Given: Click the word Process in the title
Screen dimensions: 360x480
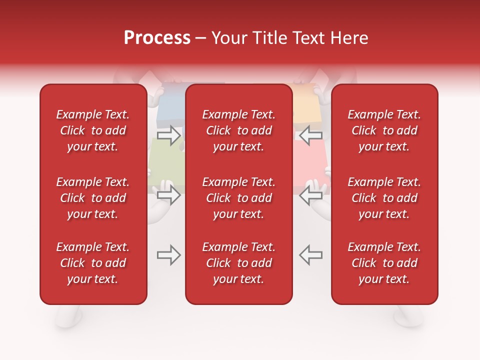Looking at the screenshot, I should pyautogui.click(x=157, y=38).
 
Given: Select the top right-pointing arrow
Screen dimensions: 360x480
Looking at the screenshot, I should pyautogui.click(x=169, y=135).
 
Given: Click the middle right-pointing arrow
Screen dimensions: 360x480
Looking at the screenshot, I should pyautogui.click(x=169, y=195).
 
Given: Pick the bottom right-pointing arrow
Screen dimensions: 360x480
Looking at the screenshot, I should pyautogui.click(x=169, y=255).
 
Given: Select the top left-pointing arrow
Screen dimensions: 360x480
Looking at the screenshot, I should pyautogui.click(x=310, y=135).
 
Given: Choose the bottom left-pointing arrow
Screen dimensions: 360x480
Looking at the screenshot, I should pyautogui.click(x=310, y=255).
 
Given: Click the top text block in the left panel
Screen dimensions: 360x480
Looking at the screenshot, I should pyautogui.click(x=93, y=130).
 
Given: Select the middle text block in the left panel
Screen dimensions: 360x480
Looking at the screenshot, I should pyautogui.click(x=93, y=198).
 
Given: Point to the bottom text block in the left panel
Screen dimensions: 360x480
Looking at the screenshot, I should pyautogui.click(x=93, y=263).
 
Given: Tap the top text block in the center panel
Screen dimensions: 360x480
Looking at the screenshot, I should pyautogui.click(x=238, y=130).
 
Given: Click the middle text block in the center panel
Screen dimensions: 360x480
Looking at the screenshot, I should pyautogui.click(x=238, y=198).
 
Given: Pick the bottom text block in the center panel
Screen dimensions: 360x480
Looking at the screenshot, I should pyautogui.click(x=238, y=263).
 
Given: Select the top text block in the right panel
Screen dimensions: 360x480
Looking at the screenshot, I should pyautogui.click(x=384, y=130).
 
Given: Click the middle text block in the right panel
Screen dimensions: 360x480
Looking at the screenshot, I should pyautogui.click(x=384, y=198).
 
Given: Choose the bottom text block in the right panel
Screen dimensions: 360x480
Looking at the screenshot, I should pyautogui.click(x=384, y=263).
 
